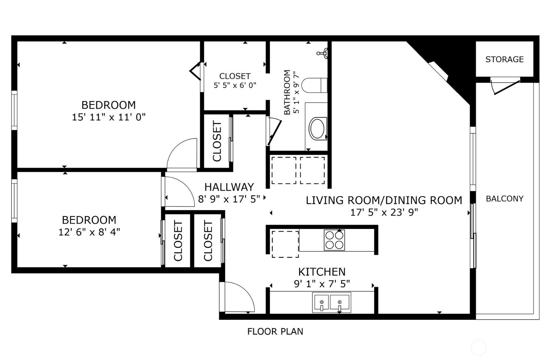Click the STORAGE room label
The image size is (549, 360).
point(504,59)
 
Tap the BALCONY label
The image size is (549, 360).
point(505,199)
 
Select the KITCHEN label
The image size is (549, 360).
point(322,272)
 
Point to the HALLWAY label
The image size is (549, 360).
point(229,187)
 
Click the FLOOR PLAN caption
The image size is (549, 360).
point(275,332)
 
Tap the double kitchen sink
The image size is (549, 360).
point(331,302)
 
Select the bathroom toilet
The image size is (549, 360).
point(314,85)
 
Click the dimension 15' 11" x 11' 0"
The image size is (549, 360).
point(108,117)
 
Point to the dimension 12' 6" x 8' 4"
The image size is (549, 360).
point(89,232)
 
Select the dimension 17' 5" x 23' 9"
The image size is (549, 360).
point(384,212)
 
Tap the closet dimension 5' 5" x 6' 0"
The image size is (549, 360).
point(235,85)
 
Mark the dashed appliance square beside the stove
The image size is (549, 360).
point(285,244)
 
